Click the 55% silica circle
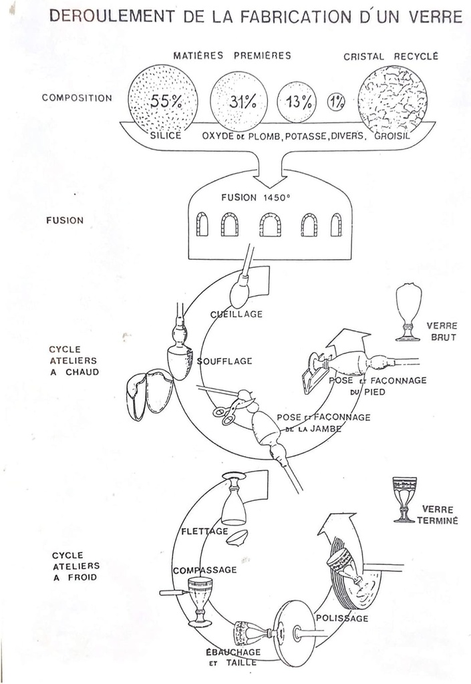[162, 102]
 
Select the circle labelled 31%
[239, 102]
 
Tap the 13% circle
[297, 102]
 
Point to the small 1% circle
[336, 102]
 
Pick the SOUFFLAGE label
[224, 361]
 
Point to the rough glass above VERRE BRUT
[408, 311]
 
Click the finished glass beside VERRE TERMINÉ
[404, 499]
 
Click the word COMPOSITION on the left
[77, 98]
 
